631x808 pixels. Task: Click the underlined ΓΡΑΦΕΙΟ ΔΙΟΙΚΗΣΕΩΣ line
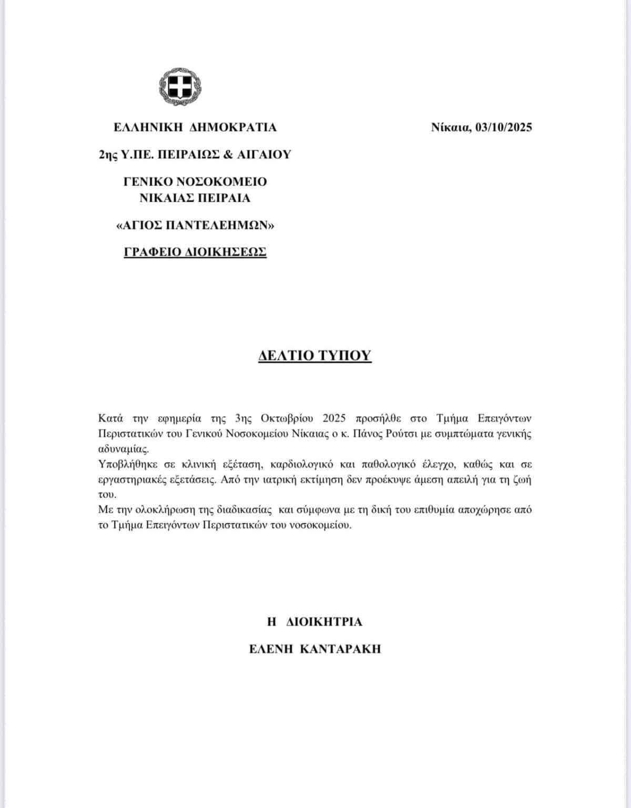click(x=195, y=252)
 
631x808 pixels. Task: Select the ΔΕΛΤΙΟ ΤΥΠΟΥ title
click(x=314, y=356)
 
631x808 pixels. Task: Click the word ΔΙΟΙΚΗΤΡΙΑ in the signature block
click(x=324, y=622)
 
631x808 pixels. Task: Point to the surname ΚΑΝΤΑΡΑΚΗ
click(x=340, y=649)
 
